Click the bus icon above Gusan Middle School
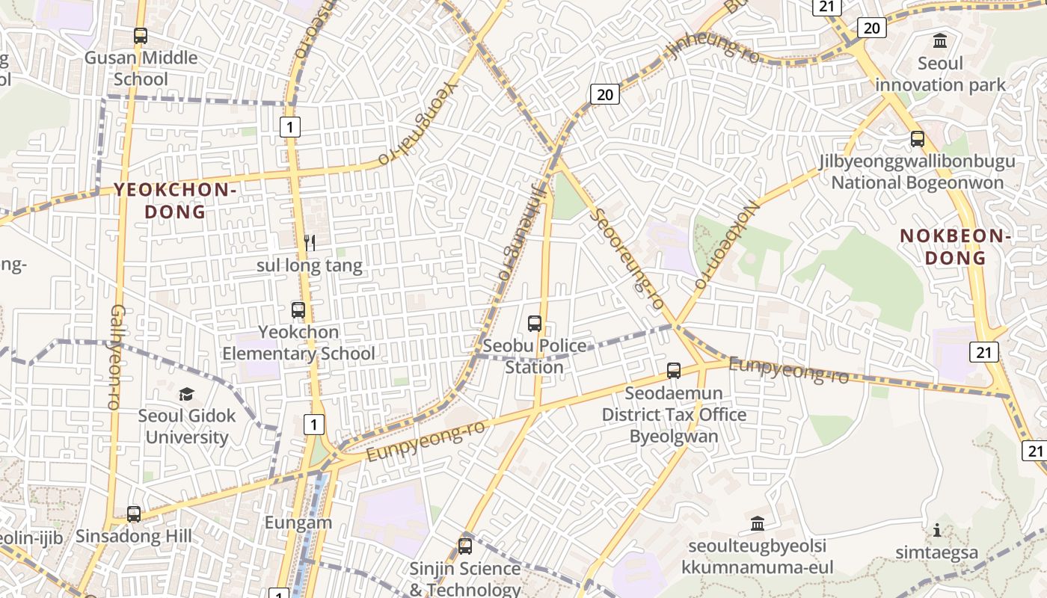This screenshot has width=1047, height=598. (x=140, y=35)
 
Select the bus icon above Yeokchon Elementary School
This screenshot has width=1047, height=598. (x=298, y=309)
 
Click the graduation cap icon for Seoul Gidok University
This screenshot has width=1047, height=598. (x=186, y=394)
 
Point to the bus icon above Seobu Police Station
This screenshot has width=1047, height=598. (x=534, y=324)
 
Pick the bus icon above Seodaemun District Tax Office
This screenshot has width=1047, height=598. (x=674, y=370)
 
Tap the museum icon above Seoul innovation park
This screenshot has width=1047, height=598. (x=940, y=40)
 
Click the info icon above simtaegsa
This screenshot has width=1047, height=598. (x=936, y=531)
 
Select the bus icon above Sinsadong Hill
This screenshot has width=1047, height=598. (x=134, y=514)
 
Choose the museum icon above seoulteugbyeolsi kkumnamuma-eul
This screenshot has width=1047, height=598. (x=758, y=523)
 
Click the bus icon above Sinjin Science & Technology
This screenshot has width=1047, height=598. (x=465, y=546)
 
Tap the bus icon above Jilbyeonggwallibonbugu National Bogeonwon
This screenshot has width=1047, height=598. (x=918, y=139)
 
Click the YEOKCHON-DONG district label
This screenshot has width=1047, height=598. (x=175, y=200)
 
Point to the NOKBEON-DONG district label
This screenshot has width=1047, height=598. (x=955, y=247)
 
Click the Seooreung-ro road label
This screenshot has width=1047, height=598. (x=627, y=258)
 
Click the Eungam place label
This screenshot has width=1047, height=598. (x=298, y=523)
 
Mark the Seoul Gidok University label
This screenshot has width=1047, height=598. (x=187, y=426)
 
